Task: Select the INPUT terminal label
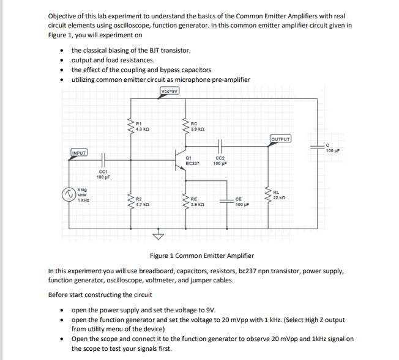point(79,152)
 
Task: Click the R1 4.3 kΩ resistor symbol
point(130,126)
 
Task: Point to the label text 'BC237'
point(193,163)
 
